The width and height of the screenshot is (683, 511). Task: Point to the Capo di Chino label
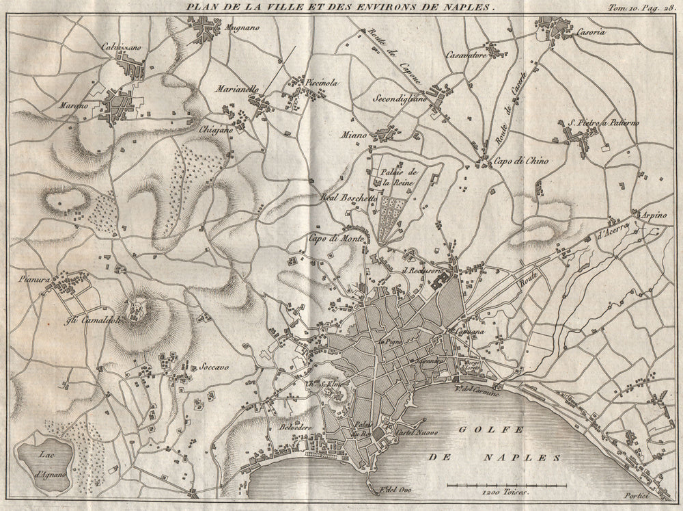(x=522, y=161)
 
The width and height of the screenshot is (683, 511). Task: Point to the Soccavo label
(x=214, y=366)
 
